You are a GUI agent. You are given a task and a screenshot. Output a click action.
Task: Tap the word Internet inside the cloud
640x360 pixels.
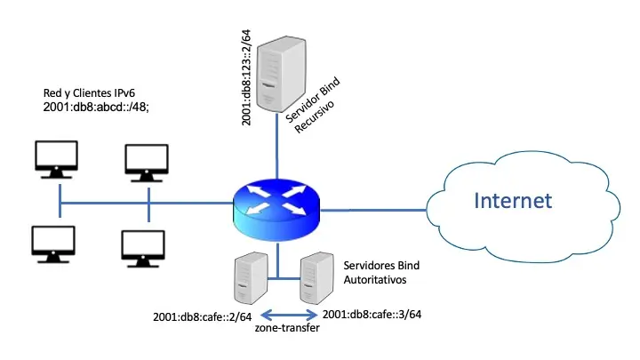511,200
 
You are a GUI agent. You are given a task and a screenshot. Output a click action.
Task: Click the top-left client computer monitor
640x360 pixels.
55,157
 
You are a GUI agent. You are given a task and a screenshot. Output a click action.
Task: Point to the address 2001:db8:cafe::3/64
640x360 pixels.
372,315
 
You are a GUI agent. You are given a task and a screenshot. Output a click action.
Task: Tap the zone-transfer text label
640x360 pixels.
286,330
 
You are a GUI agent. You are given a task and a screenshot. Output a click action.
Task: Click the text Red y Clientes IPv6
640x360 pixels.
91,92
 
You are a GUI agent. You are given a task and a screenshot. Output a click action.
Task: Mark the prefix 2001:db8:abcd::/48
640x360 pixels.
96,108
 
